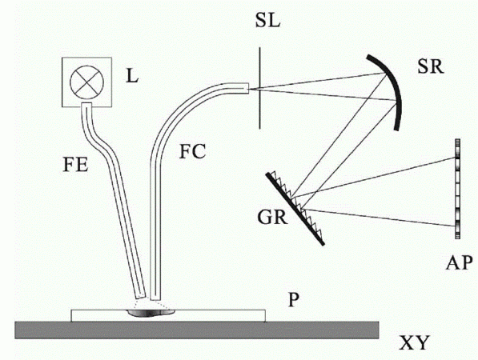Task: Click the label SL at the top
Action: pos(267,22)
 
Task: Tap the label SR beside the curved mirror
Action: pos(431,66)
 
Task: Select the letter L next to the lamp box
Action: pos(132,77)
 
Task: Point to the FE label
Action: pos(75,166)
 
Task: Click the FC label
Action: pos(192,152)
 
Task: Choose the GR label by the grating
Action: pos(272,218)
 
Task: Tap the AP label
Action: pos(459,262)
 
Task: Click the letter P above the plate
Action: pos(293,300)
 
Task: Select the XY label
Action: pos(414,343)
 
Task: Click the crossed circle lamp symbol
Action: pos(87,82)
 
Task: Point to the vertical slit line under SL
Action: pos(259,88)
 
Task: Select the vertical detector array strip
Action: pos(457,189)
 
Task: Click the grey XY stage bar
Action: pos(197,330)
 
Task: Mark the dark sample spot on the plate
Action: pos(150,313)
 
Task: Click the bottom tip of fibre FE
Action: pos(140,297)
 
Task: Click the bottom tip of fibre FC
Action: pos(155,299)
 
